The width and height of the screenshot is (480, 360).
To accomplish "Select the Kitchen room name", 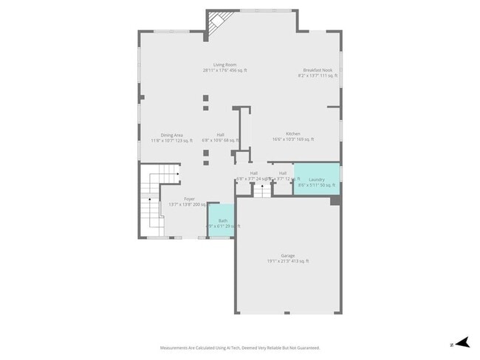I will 293,134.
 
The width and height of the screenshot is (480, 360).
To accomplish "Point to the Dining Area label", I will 172,134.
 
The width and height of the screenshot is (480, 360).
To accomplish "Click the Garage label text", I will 287,255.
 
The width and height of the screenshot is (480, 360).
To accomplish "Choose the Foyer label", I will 190,198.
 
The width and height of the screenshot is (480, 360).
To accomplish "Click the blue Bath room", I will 222,221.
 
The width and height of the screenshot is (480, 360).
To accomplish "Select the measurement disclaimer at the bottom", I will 240,347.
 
